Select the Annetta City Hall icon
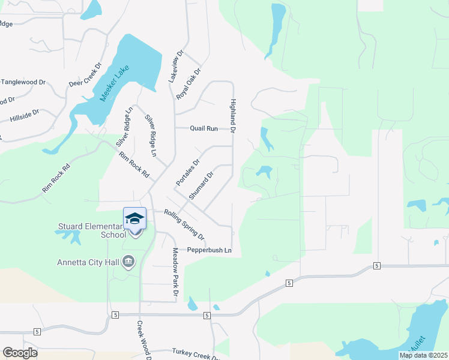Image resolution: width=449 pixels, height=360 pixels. coord(128,261)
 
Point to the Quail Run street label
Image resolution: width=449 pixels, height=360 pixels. coord(203,128)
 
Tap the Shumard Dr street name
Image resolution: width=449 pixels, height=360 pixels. coord(201,186)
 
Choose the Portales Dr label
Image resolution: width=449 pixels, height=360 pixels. coord(187,172)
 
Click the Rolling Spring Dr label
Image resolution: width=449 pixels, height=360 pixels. coord(184,223)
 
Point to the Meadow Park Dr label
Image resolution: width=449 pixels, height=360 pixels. coord(176,272)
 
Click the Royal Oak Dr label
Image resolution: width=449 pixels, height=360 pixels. coord(188,84)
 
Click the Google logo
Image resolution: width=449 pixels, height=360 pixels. coord(20,353)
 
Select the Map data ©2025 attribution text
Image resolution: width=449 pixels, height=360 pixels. coord(423,355)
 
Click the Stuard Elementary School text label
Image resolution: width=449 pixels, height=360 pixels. coord(92,230)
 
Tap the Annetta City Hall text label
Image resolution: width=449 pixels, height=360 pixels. coord(88,262)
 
